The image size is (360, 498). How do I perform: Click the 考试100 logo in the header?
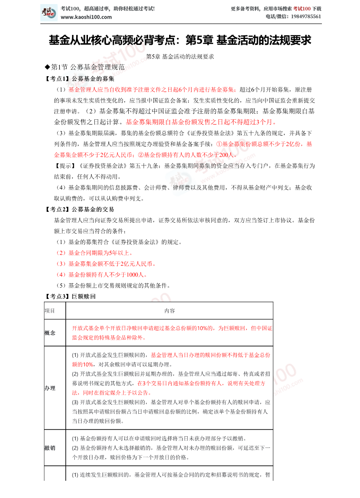point(49,12)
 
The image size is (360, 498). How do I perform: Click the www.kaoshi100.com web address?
point(86,17)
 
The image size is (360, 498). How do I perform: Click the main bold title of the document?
point(180,41)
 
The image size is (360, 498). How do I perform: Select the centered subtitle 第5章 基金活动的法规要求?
point(180,57)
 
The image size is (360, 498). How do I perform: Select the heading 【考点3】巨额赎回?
point(70,297)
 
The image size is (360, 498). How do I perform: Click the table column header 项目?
point(49,311)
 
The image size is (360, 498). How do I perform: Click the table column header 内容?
point(169,311)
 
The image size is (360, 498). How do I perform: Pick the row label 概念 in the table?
point(50,332)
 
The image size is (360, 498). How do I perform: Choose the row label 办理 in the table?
point(50,388)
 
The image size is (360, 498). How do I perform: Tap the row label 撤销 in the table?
point(50,448)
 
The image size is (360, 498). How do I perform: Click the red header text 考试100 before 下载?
point(302,9)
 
